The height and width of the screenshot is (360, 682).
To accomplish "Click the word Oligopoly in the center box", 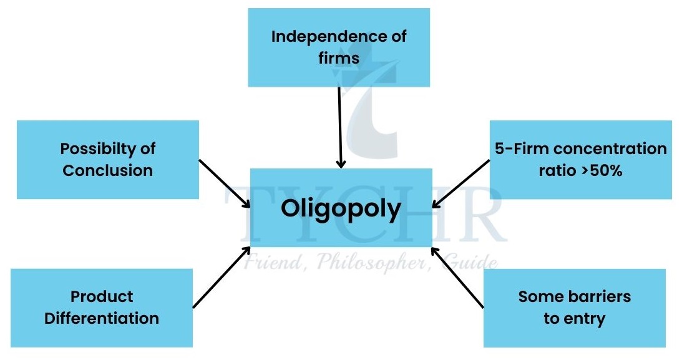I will click(340, 210).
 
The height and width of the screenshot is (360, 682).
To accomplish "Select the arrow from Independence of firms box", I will click(339, 127).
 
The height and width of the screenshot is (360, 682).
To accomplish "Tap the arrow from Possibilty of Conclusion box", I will click(225, 183).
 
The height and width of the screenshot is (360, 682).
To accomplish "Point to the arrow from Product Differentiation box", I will click(222, 278).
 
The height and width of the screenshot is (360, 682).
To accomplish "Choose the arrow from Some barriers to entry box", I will click(457, 279).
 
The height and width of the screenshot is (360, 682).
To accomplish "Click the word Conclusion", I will click(107, 170).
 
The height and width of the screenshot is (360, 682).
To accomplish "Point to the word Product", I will click(102, 297).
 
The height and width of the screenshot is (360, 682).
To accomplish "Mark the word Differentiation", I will click(102, 318).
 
